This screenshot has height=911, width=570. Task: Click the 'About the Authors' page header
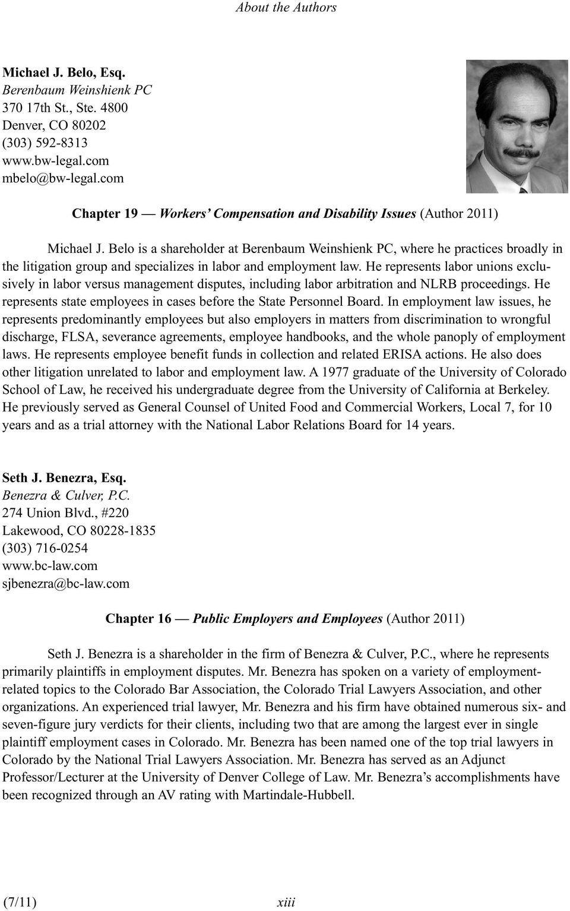(286, 8)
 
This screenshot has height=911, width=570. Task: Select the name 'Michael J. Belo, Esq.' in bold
(64, 72)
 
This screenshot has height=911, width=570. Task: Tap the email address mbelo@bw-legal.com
(64, 178)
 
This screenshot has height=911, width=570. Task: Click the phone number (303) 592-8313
(45, 143)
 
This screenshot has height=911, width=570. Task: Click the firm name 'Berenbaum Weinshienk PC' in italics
(77, 90)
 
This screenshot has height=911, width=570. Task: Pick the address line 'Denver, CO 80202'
(55, 125)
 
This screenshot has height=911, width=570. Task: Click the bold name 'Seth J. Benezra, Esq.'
(64, 477)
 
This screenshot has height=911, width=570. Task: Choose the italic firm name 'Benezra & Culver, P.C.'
(66, 495)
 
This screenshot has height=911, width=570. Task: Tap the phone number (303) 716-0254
(45, 548)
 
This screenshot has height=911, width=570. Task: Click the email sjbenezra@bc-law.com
(66, 583)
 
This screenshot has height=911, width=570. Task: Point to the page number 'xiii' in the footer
(286, 903)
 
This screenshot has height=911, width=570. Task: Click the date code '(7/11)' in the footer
(20, 903)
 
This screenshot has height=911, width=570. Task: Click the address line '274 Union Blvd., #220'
(65, 513)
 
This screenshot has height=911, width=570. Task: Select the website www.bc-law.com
(50, 565)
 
